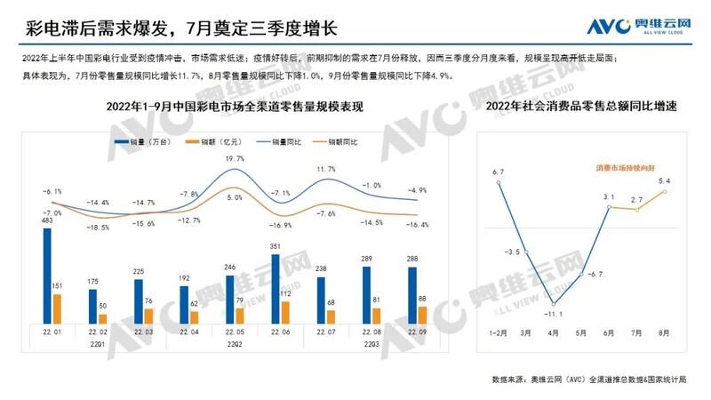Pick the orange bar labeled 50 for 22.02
tap(102, 318)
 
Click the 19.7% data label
tap(235, 158)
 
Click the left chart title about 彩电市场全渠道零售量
tap(236, 107)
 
